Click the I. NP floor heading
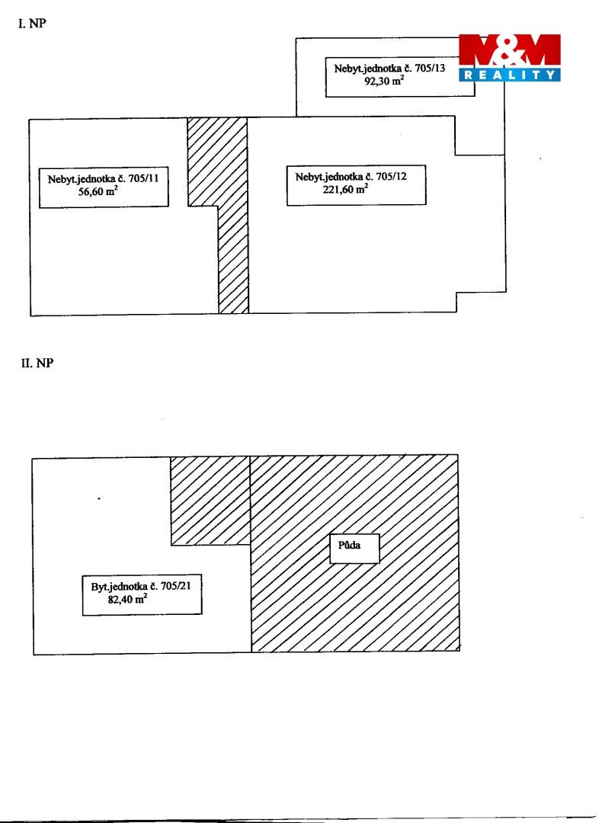(32, 24)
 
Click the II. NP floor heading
(37, 363)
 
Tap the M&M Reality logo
(510, 58)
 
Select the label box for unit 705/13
(400, 77)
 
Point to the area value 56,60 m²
(98, 191)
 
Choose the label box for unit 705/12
(357, 185)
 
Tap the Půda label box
(354, 549)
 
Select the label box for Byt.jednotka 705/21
(143, 595)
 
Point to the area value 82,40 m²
(127, 599)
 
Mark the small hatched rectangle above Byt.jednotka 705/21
(210, 501)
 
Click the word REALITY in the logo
(510, 75)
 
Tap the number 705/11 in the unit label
(143, 178)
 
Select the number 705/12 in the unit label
(391, 176)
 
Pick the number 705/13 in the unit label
(430, 69)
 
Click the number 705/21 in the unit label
(176, 586)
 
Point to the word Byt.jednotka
(119, 587)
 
